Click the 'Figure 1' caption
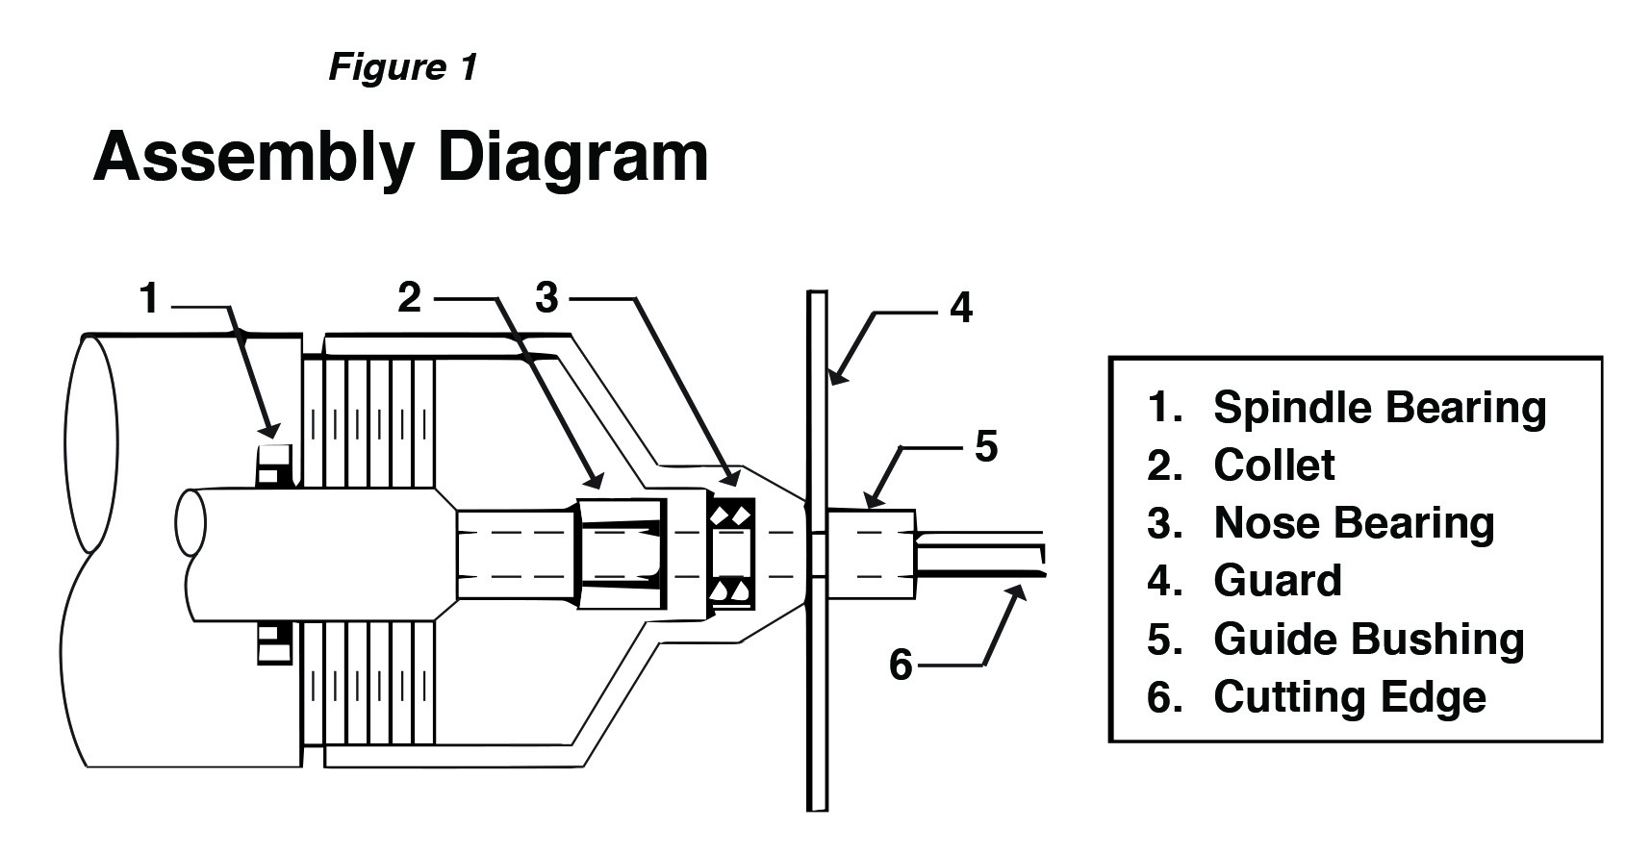tap(402, 67)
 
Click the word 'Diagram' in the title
tap(572, 156)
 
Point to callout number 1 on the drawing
tap(148, 298)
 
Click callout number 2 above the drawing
tap(410, 297)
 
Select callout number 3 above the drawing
tap(546, 297)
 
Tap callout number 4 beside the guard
tap(960, 308)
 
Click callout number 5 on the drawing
tap(986, 446)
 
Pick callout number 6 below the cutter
tap(901, 664)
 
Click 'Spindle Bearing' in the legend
tap(1379, 408)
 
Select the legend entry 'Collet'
tap(1273, 465)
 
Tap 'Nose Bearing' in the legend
tap(1354, 523)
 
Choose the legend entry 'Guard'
tap(1277, 581)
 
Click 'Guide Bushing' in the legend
tap(1368, 640)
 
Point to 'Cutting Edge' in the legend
tap(1349, 697)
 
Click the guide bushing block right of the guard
tap(871, 554)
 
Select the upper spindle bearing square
tap(274, 463)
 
